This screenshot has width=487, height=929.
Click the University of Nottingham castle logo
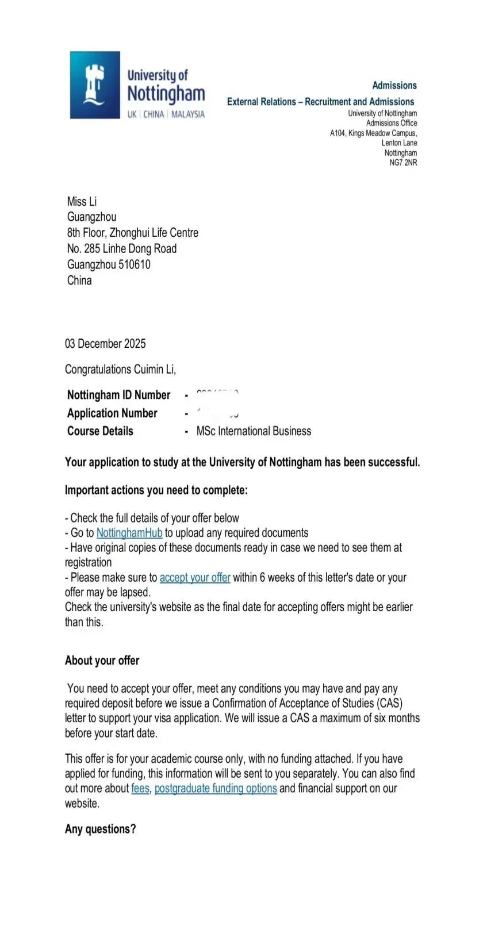click(95, 85)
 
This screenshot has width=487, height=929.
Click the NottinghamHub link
click(129, 533)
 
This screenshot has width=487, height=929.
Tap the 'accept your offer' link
click(195, 577)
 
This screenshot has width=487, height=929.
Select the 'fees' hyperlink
click(140, 788)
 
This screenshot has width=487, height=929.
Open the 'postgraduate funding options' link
click(216, 788)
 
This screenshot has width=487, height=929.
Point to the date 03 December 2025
click(105, 344)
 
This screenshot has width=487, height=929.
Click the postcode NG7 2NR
click(403, 163)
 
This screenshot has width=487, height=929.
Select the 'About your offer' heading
click(102, 661)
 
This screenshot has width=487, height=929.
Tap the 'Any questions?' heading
click(100, 829)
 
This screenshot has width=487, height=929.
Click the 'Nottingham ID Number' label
click(118, 395)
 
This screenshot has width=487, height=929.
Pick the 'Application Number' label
click(112, 413)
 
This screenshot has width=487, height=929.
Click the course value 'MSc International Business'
click(254, 431)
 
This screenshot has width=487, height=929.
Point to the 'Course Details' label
click(100, 431)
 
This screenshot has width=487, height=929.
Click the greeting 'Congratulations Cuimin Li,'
click(120, 369)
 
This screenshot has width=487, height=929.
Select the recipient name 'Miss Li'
click(82, 201)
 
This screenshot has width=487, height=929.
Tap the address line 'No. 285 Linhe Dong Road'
click(122, 248)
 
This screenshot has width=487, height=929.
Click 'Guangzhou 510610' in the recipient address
click(109, 264)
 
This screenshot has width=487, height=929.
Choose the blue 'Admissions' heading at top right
click(394, 86)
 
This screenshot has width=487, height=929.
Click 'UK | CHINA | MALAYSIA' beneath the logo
click(166, 114)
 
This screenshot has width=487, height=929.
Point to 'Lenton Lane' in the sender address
click(399, 143)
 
